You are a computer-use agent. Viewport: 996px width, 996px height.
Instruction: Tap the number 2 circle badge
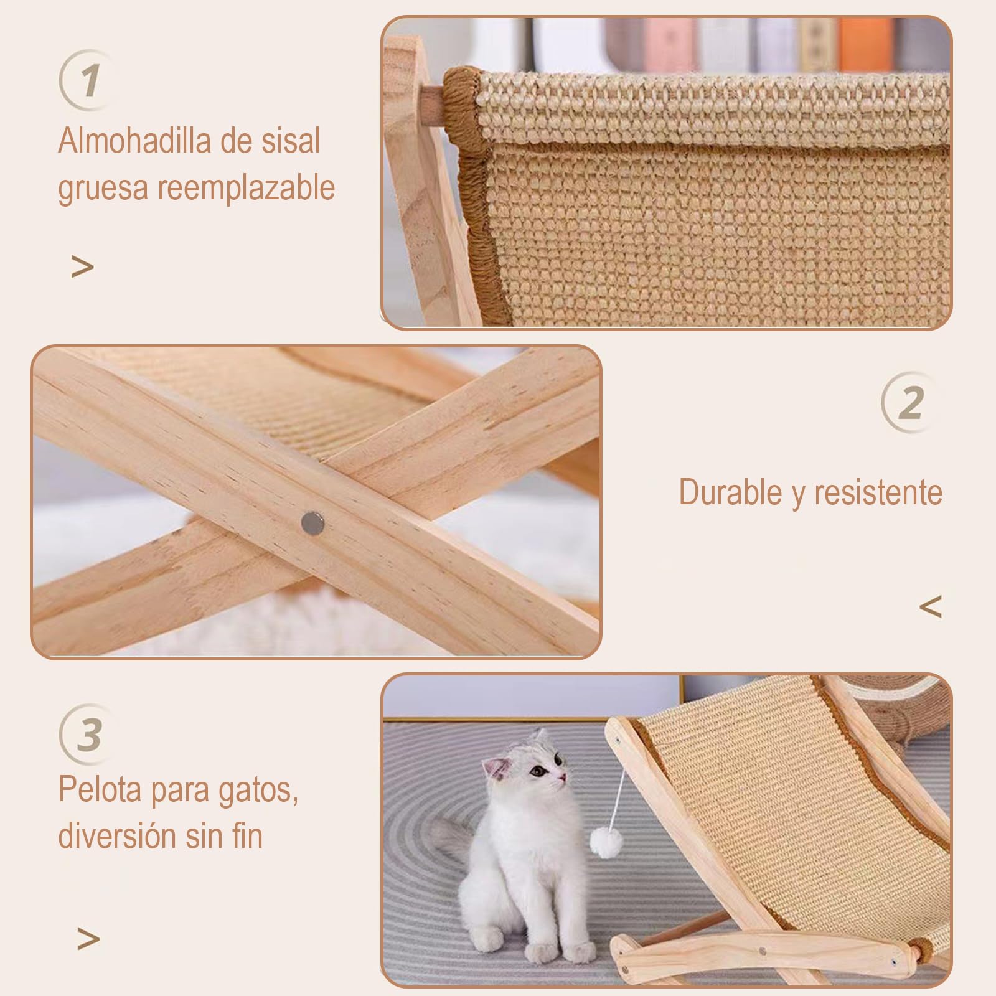tap(910, 403)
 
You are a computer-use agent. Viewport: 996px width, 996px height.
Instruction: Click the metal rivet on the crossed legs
tap(312, 523)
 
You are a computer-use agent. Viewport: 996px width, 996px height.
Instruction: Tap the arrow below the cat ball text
tap(88, 938)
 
